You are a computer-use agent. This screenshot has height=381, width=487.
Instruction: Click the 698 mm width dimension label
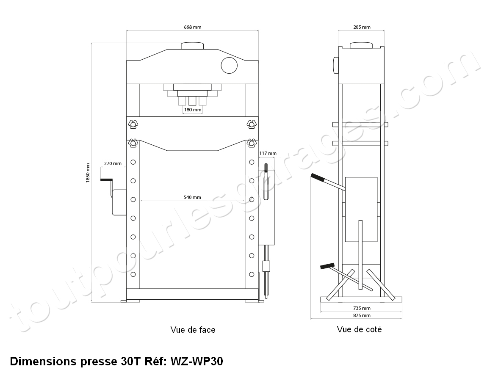click(x=193, y=27)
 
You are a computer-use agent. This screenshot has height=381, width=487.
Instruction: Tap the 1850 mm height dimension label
click(x=88, y=173)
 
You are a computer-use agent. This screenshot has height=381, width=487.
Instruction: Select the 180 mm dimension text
click(x=193, y=110)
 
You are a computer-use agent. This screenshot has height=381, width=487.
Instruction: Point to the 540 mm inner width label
click(x=192, y=197)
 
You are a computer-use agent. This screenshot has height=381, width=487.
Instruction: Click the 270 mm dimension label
click(x=113, y=163)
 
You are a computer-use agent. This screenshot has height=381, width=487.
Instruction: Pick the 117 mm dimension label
click(x=268, y=153)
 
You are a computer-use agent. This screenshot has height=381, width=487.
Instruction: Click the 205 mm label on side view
click(x=362, y=27)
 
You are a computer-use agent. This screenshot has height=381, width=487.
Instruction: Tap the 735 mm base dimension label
click(x=362, y=308)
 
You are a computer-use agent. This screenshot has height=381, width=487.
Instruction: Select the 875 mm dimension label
click(x=362, y=315)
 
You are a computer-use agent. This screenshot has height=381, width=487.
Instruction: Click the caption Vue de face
click(x=193, y=329)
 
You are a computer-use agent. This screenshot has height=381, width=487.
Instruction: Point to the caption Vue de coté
click(x=360, y=329)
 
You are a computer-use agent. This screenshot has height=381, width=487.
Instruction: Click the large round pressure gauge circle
click(x=229, y=66)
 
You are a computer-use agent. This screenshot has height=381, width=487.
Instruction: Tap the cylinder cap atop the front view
click(x=192, y=46)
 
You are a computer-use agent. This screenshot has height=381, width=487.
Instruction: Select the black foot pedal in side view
click(x=327, y=266)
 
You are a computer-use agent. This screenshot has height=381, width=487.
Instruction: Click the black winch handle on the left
click(x=107, y=179)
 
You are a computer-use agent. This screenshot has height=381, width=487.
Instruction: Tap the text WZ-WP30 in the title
click(x=197, y=362)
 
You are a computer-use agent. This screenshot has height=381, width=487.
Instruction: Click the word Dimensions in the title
click(x=44, y=362)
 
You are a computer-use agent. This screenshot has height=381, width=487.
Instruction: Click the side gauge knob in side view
click(x=336, y=65)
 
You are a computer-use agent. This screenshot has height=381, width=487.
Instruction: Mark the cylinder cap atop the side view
click(x=361, y=45)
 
